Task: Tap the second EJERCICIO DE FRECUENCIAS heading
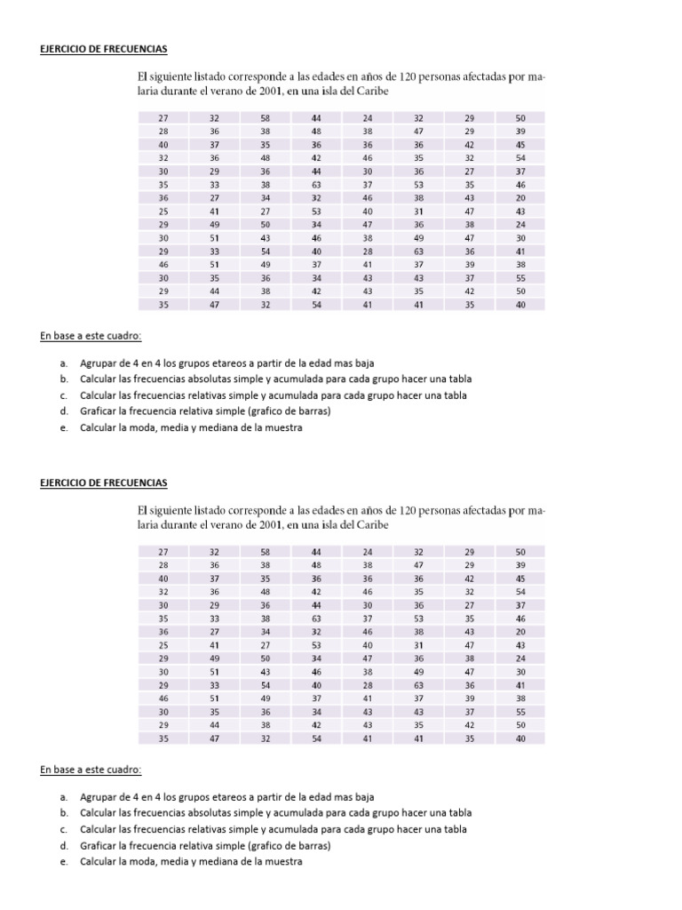click(x=104, y=482)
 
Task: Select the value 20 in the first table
click(x=520, y=197)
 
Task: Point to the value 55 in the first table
click(x=520, y=277)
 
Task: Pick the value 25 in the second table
click(x=163, y=645)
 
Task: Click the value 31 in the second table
click(x=419, y=645)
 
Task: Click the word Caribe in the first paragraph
click(x=370, y=91)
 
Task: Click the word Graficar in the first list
click(x=102, y=411)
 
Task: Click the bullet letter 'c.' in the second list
click(x=65, y=829)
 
